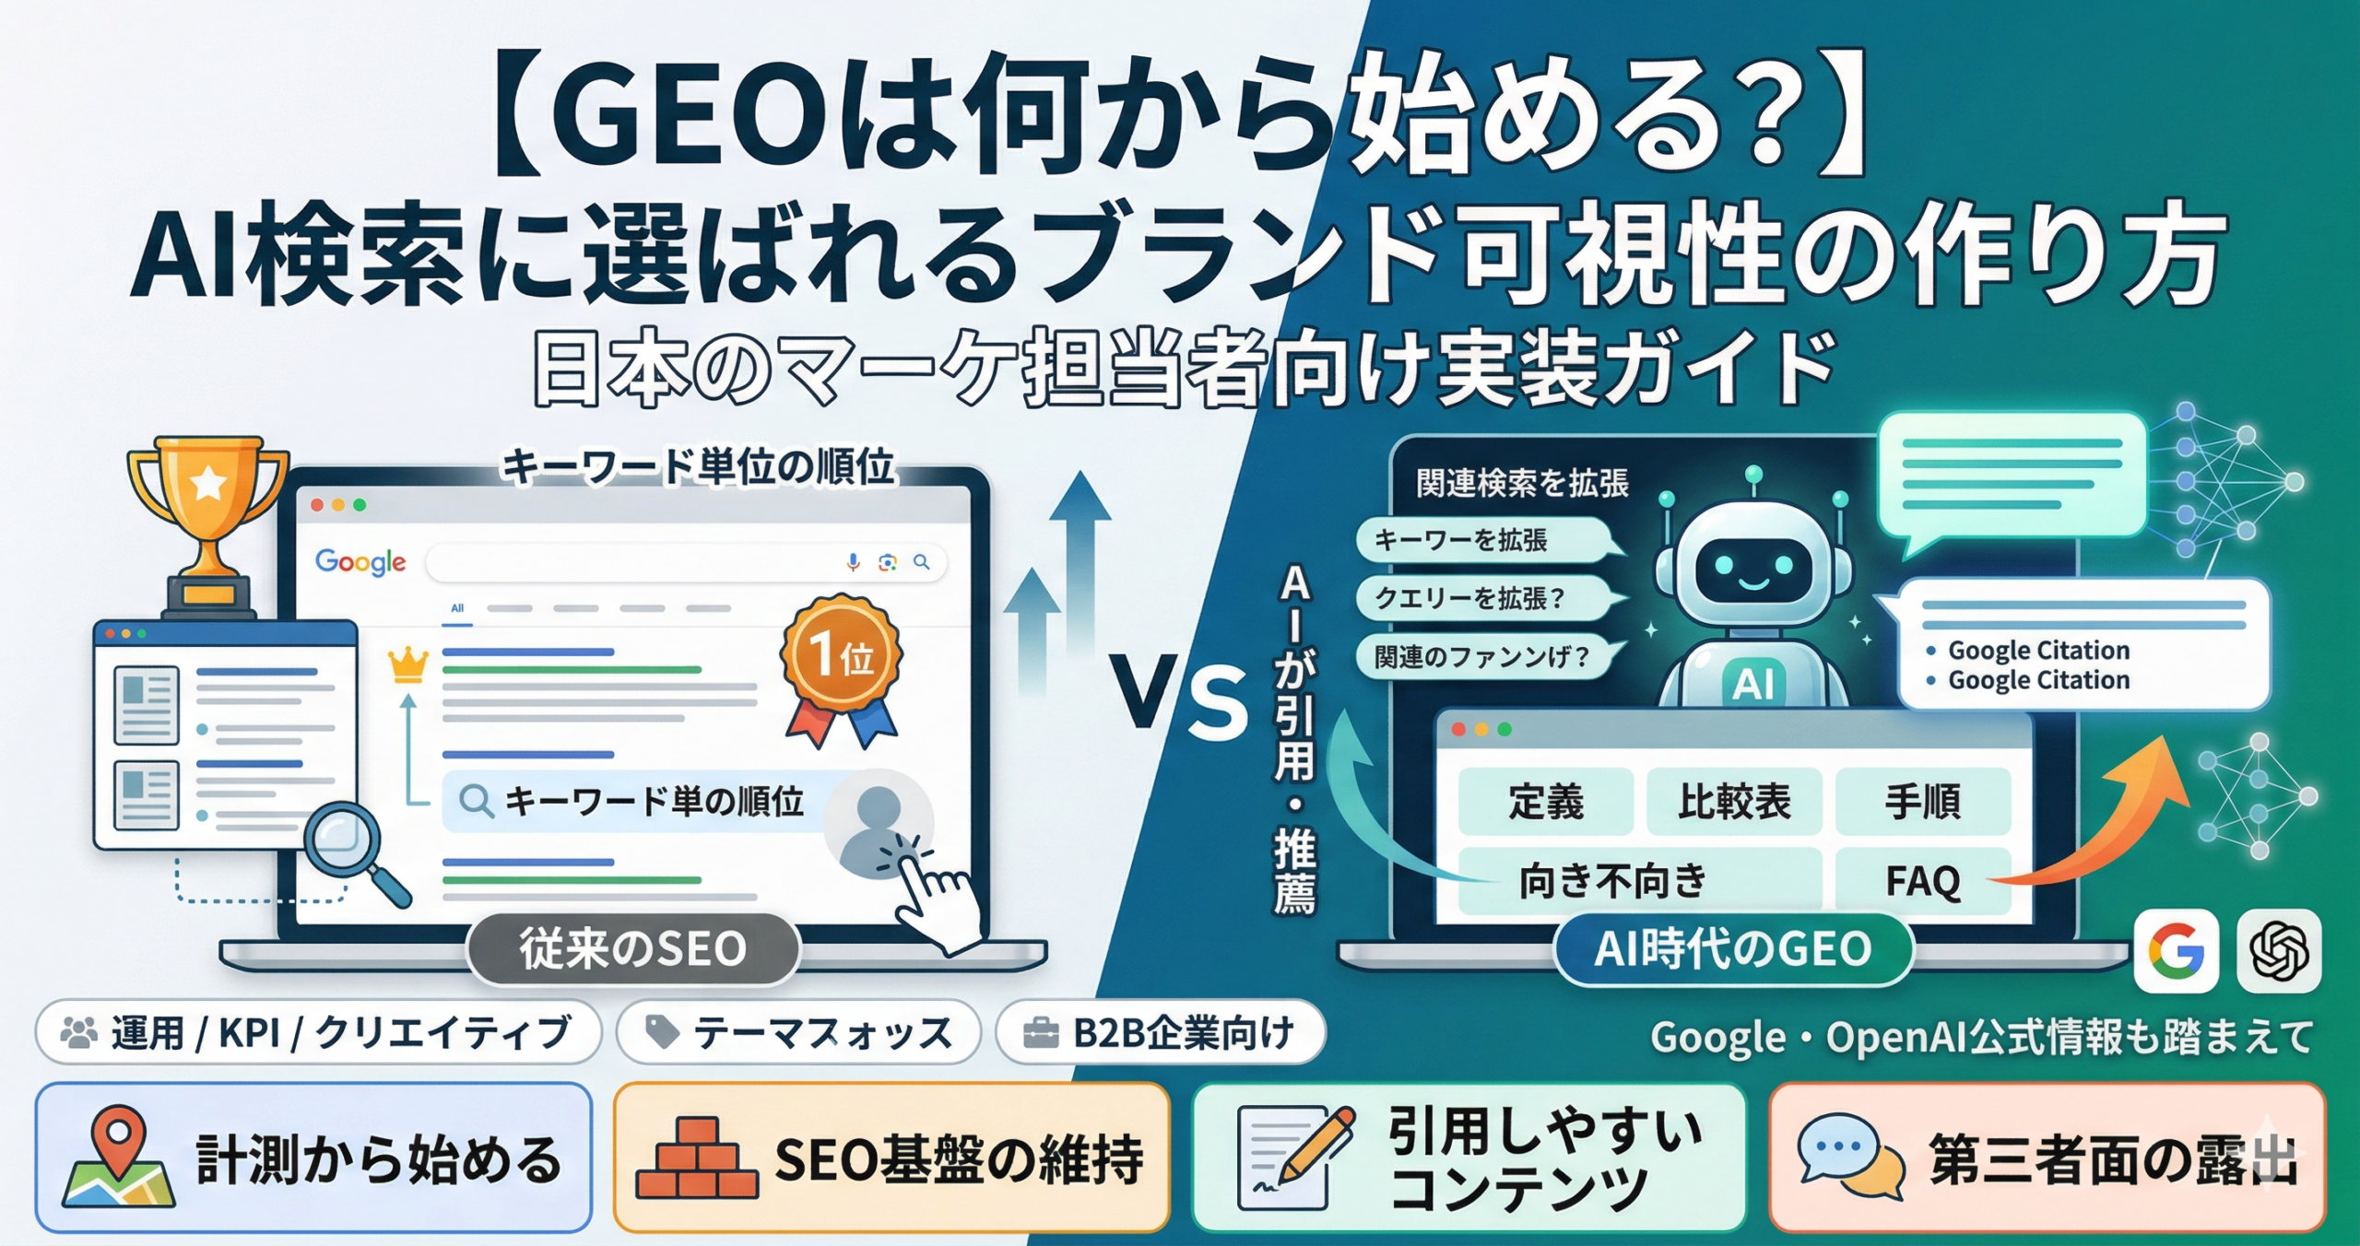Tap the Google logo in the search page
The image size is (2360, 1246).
[360, 561]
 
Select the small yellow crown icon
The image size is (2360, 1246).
[408, 664]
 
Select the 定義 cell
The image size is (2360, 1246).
[1546, 801]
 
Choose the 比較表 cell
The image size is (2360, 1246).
[1734, 801]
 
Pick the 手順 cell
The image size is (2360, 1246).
[1923, 801]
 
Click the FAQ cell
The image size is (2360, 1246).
[1923, 880]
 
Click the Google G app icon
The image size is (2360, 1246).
[2177, 950]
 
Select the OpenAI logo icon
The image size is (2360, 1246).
[2279, 950]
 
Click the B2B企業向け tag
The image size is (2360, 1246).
[1161, 1032]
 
